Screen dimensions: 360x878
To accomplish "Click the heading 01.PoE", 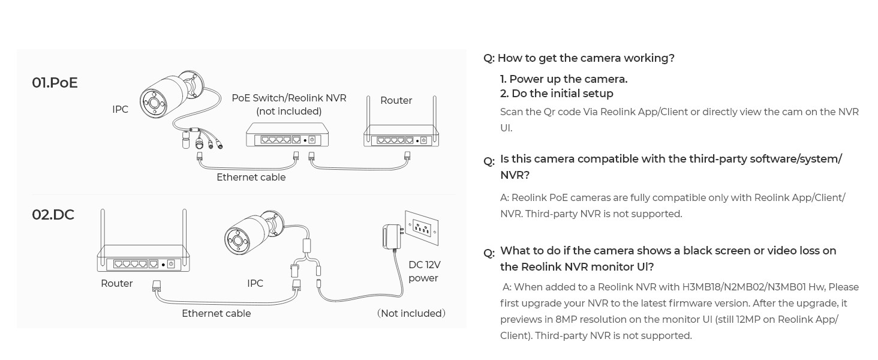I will click(x=55, y=83).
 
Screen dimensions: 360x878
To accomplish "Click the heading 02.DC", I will click(x=53, y=215).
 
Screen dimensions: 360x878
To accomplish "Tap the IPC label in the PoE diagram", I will click(x=120, y=109).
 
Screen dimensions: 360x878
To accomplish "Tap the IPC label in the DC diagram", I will click(x=255, y=283).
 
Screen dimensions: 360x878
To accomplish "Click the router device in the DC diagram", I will click(x=143, y=259).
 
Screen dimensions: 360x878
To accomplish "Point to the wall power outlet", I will click(x=422, y=228).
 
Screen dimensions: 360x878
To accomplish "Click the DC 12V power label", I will click(x=423, y=271).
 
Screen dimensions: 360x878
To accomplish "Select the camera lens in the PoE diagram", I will click(x=154, y=103).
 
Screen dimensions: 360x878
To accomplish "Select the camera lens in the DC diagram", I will click(x=237, y=241).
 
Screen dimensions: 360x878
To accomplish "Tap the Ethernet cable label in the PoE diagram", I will click(x=251, y=177).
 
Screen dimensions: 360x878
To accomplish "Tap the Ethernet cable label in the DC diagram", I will click(x=216, y=313).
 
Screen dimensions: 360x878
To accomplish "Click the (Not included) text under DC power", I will click(x=411, y=313).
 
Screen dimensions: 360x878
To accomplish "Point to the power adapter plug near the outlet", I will click(x=393, y=236).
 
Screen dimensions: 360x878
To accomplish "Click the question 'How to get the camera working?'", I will click(x=585, y=58).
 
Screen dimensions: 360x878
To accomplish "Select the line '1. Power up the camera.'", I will click(x=564, y=79).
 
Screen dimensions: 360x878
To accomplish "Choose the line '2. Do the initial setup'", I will click(x=557, y=94).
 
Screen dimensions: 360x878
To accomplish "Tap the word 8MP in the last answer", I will click(x=567, y=319).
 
